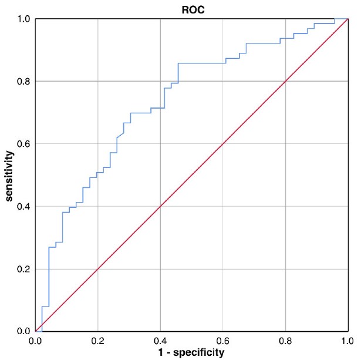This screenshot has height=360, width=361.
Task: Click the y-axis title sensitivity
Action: (10, 176)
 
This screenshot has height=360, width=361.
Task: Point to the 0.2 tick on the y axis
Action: (24, 269)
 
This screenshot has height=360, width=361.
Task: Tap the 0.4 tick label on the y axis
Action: (24, 206)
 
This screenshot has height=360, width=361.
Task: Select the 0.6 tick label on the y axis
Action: (24, 144)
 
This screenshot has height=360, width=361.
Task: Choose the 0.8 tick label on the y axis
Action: (24, 81)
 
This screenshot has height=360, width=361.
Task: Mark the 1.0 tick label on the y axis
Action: (24, 19)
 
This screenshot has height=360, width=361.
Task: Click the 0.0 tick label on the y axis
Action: (24, 331)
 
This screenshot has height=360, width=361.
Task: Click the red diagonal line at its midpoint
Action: (191, 175)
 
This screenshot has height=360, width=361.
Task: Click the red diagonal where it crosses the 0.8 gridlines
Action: (285, 81)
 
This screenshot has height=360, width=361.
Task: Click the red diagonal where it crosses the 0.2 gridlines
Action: (98, 269)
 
